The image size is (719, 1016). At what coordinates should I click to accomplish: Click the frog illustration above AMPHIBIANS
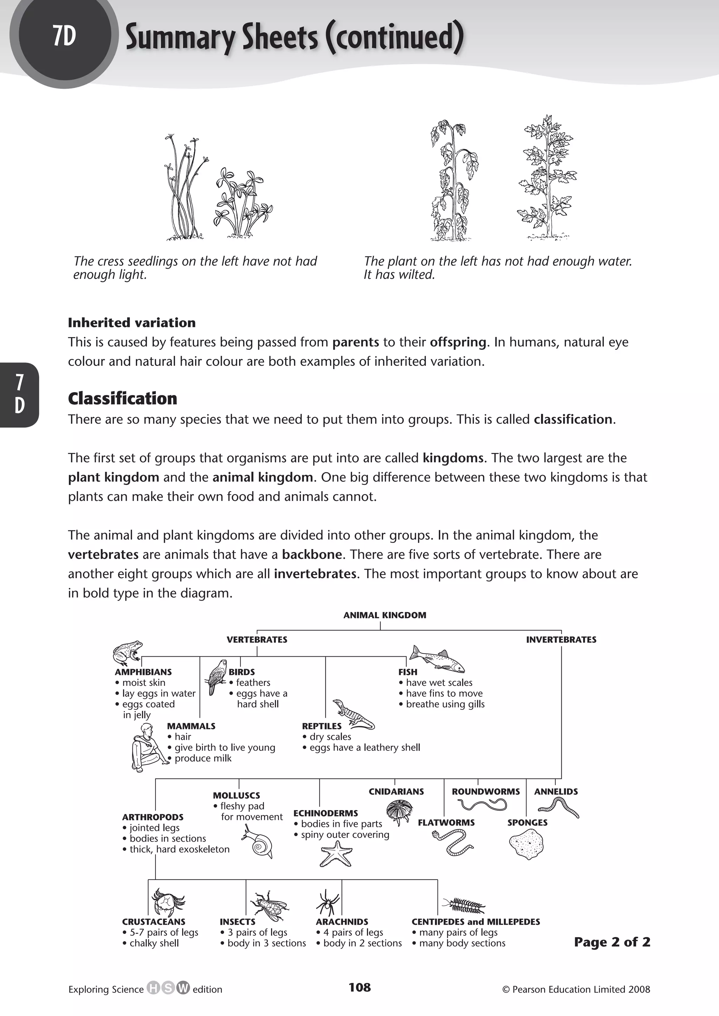127,652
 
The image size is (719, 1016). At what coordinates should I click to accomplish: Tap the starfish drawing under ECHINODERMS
336,854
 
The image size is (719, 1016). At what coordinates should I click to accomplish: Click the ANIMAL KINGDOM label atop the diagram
384,615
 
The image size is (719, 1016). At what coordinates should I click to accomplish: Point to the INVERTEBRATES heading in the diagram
561,640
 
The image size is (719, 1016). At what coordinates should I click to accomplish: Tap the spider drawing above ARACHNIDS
328,903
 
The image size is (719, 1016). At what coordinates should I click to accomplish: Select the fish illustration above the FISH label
436,659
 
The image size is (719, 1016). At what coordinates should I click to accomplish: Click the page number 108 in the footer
359,987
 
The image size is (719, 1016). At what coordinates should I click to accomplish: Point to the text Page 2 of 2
612,942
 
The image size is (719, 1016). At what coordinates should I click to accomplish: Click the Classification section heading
123,398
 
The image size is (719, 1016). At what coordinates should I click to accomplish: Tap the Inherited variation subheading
132,323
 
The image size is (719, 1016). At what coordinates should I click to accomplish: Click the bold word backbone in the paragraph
312,554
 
